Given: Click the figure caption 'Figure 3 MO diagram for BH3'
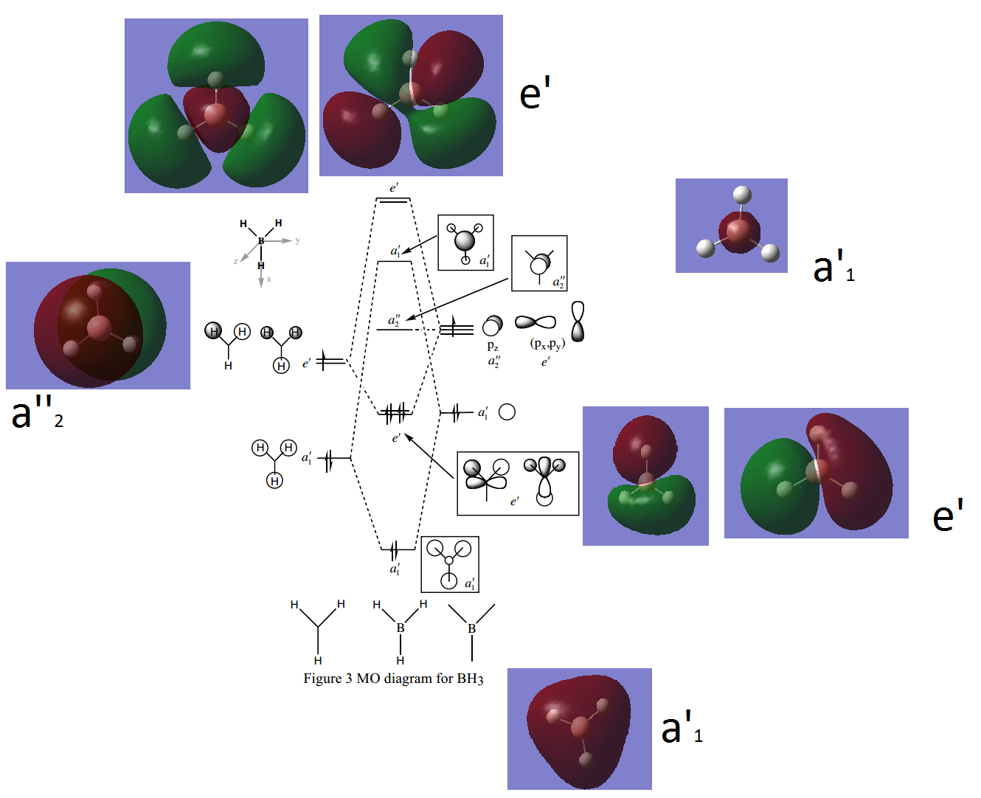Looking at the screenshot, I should tap(393, 679).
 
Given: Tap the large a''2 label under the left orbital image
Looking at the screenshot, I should tap(37, 413).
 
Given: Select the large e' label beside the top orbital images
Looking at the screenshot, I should tap(535, 94).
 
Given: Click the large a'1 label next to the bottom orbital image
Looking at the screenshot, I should tap(682, 729).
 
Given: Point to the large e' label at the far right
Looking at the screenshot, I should tap(948, 516).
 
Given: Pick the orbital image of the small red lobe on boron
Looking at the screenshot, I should tap(731, 226).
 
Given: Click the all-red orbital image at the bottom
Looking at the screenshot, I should tap(579, 729).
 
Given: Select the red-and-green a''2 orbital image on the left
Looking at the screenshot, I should tap(97, 325).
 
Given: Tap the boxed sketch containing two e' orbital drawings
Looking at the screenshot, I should tap(518, 483).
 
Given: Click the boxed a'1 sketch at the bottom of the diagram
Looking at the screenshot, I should tap(450, 564).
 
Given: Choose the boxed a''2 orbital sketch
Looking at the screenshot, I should tap(539, 263).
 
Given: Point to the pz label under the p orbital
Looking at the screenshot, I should tap(493, 346).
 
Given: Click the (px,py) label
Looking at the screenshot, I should tap(547, 344).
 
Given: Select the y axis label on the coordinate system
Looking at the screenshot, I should tap(297, 240).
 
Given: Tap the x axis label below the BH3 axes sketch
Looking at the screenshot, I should tap(269, 280).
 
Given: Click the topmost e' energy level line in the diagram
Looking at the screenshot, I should tap(393, 200).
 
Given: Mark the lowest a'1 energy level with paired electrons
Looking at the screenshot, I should tap(397, 549).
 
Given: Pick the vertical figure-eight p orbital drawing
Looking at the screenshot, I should tap(578, 322).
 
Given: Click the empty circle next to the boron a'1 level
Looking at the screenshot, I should tap(507, 412).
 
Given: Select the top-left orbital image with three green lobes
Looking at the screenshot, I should tap(216, 105).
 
